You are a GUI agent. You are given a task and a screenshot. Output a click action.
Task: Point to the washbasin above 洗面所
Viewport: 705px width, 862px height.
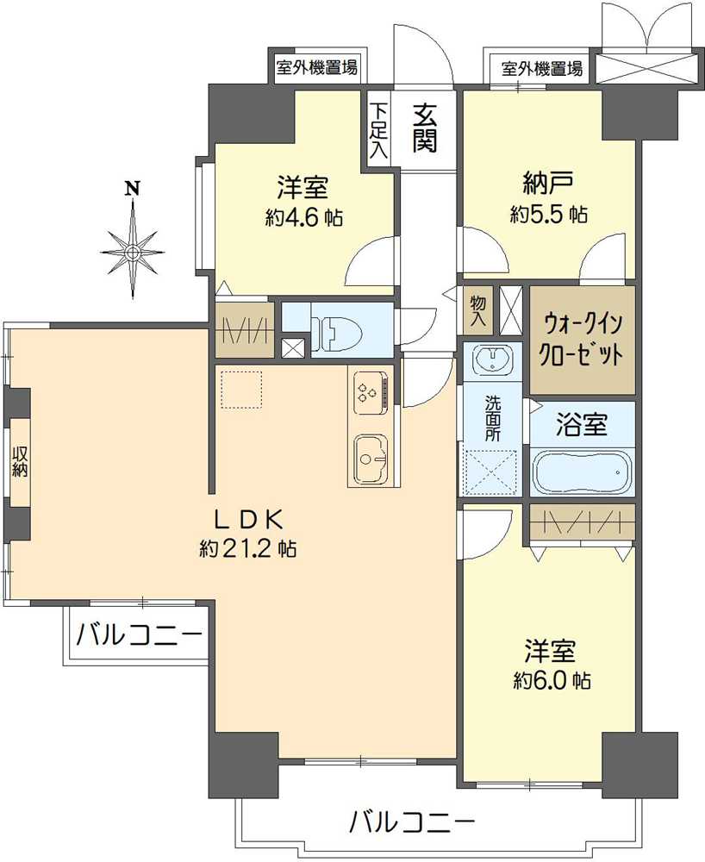(x=491, y=359)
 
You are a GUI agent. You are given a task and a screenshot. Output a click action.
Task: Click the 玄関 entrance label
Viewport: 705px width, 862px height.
(x=424, y=128)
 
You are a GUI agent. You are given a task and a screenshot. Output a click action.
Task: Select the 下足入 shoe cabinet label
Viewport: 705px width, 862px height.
(x=378, y=130)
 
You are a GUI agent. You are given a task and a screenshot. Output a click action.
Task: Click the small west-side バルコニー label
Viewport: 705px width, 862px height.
(x=138, y=636)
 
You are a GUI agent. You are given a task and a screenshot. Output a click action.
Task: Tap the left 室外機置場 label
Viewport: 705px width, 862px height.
(x=317, y=67)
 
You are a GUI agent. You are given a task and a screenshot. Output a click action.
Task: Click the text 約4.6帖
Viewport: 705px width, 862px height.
(x=304, y=217)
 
